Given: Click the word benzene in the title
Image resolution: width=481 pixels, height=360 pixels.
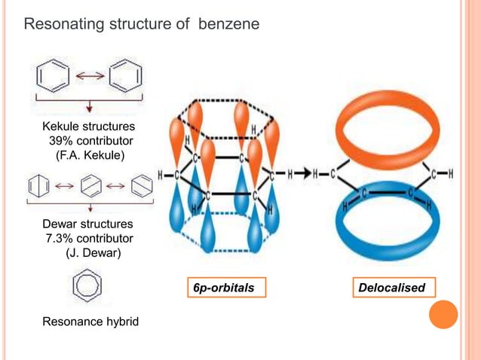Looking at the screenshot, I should [x=229, y=25].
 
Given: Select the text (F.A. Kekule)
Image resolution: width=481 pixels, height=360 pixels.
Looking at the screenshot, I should [x=88, y=156].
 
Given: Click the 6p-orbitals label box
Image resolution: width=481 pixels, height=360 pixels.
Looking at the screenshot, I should [x=222, y=288].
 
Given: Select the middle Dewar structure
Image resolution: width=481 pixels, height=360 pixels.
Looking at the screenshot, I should [x=89, y=184].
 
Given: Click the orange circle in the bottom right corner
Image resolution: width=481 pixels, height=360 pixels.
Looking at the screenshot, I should [x=445, y=314].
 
